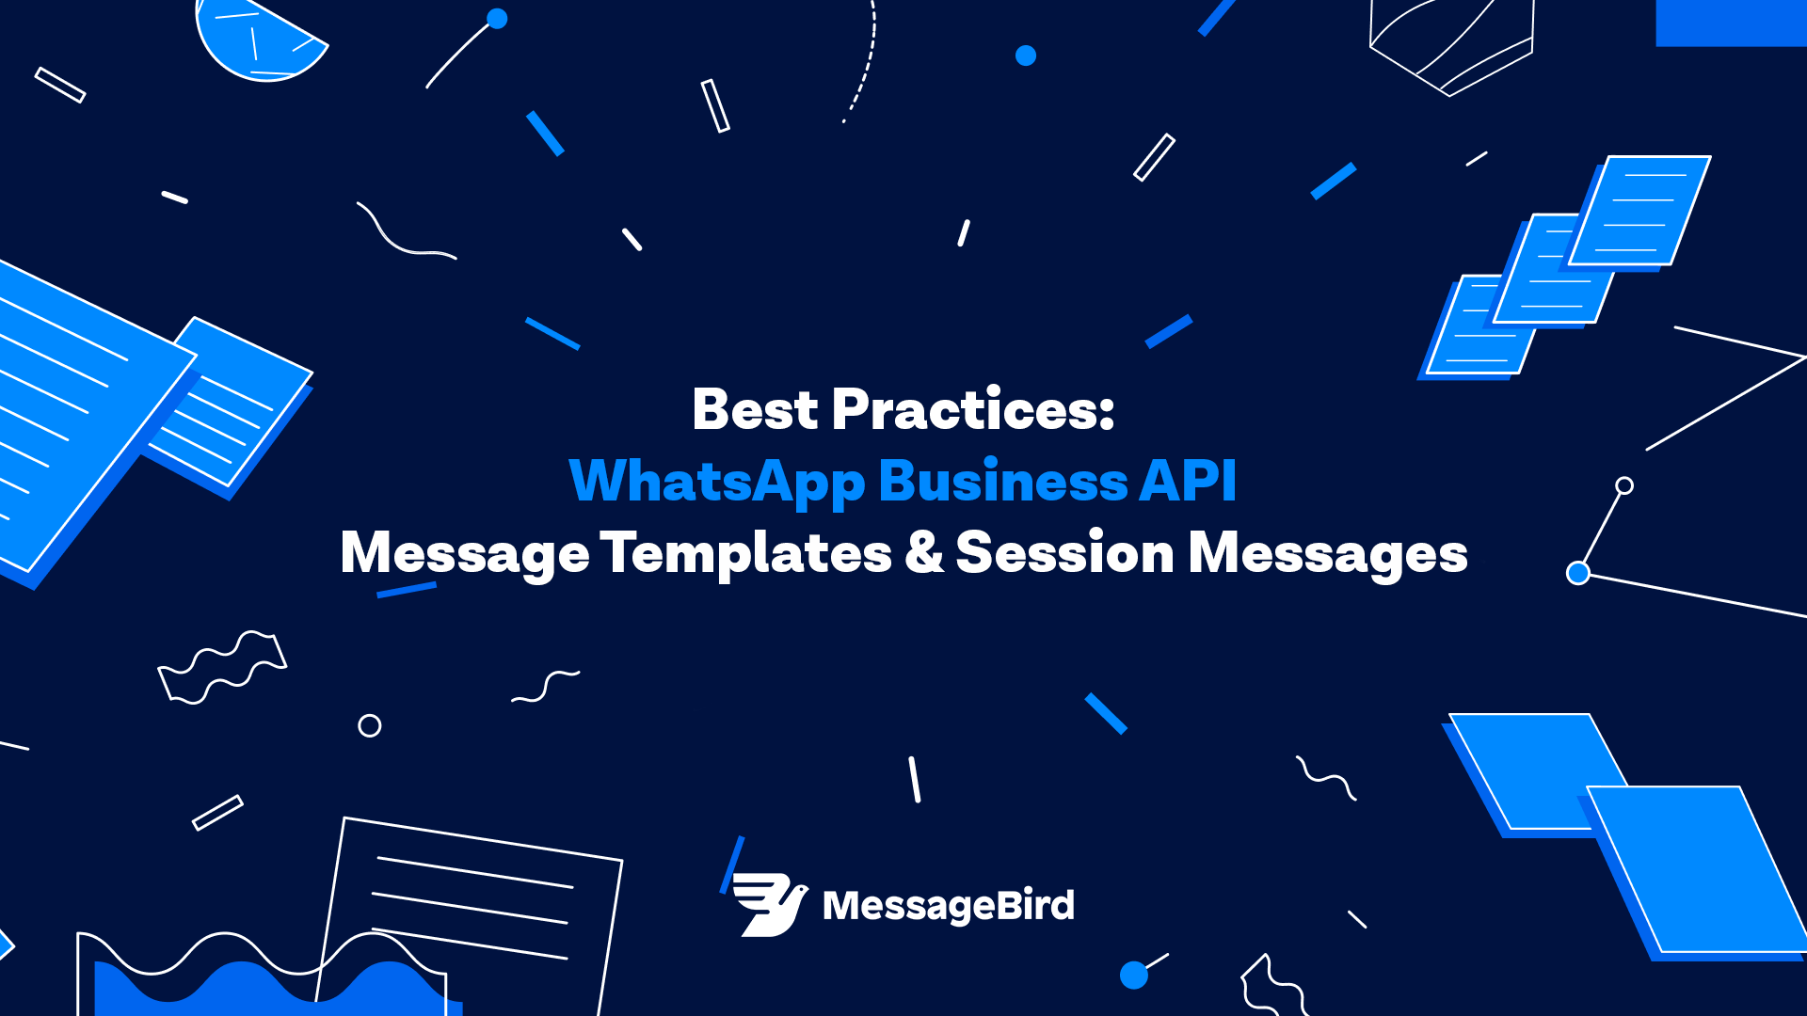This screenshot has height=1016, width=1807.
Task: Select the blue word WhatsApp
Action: click(x=717, y=483)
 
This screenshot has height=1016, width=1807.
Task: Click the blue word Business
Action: click(x=1002, y=481)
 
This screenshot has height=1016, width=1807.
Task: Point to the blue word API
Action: click(x=1188, y=481)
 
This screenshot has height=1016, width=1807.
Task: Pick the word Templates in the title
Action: click(x=745, y=552)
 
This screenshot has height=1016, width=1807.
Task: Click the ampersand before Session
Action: click(x=924, y=552)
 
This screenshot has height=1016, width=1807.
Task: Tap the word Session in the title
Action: click(x=1064, y=552)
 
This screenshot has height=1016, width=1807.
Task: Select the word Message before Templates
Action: click(x=465, y=553)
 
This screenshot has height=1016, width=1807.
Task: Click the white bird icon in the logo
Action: click(x=770, y=905)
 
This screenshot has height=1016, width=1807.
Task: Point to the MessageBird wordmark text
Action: click(x=949, y=906)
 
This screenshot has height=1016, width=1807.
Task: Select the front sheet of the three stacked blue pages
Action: click(x=1639, y=211)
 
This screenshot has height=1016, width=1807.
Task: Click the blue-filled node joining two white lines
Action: click(x=1578, y=573)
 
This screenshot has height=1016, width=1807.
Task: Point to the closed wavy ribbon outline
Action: click(x=222, y=668)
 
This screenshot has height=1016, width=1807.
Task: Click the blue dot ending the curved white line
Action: click(x=497, y=19)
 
